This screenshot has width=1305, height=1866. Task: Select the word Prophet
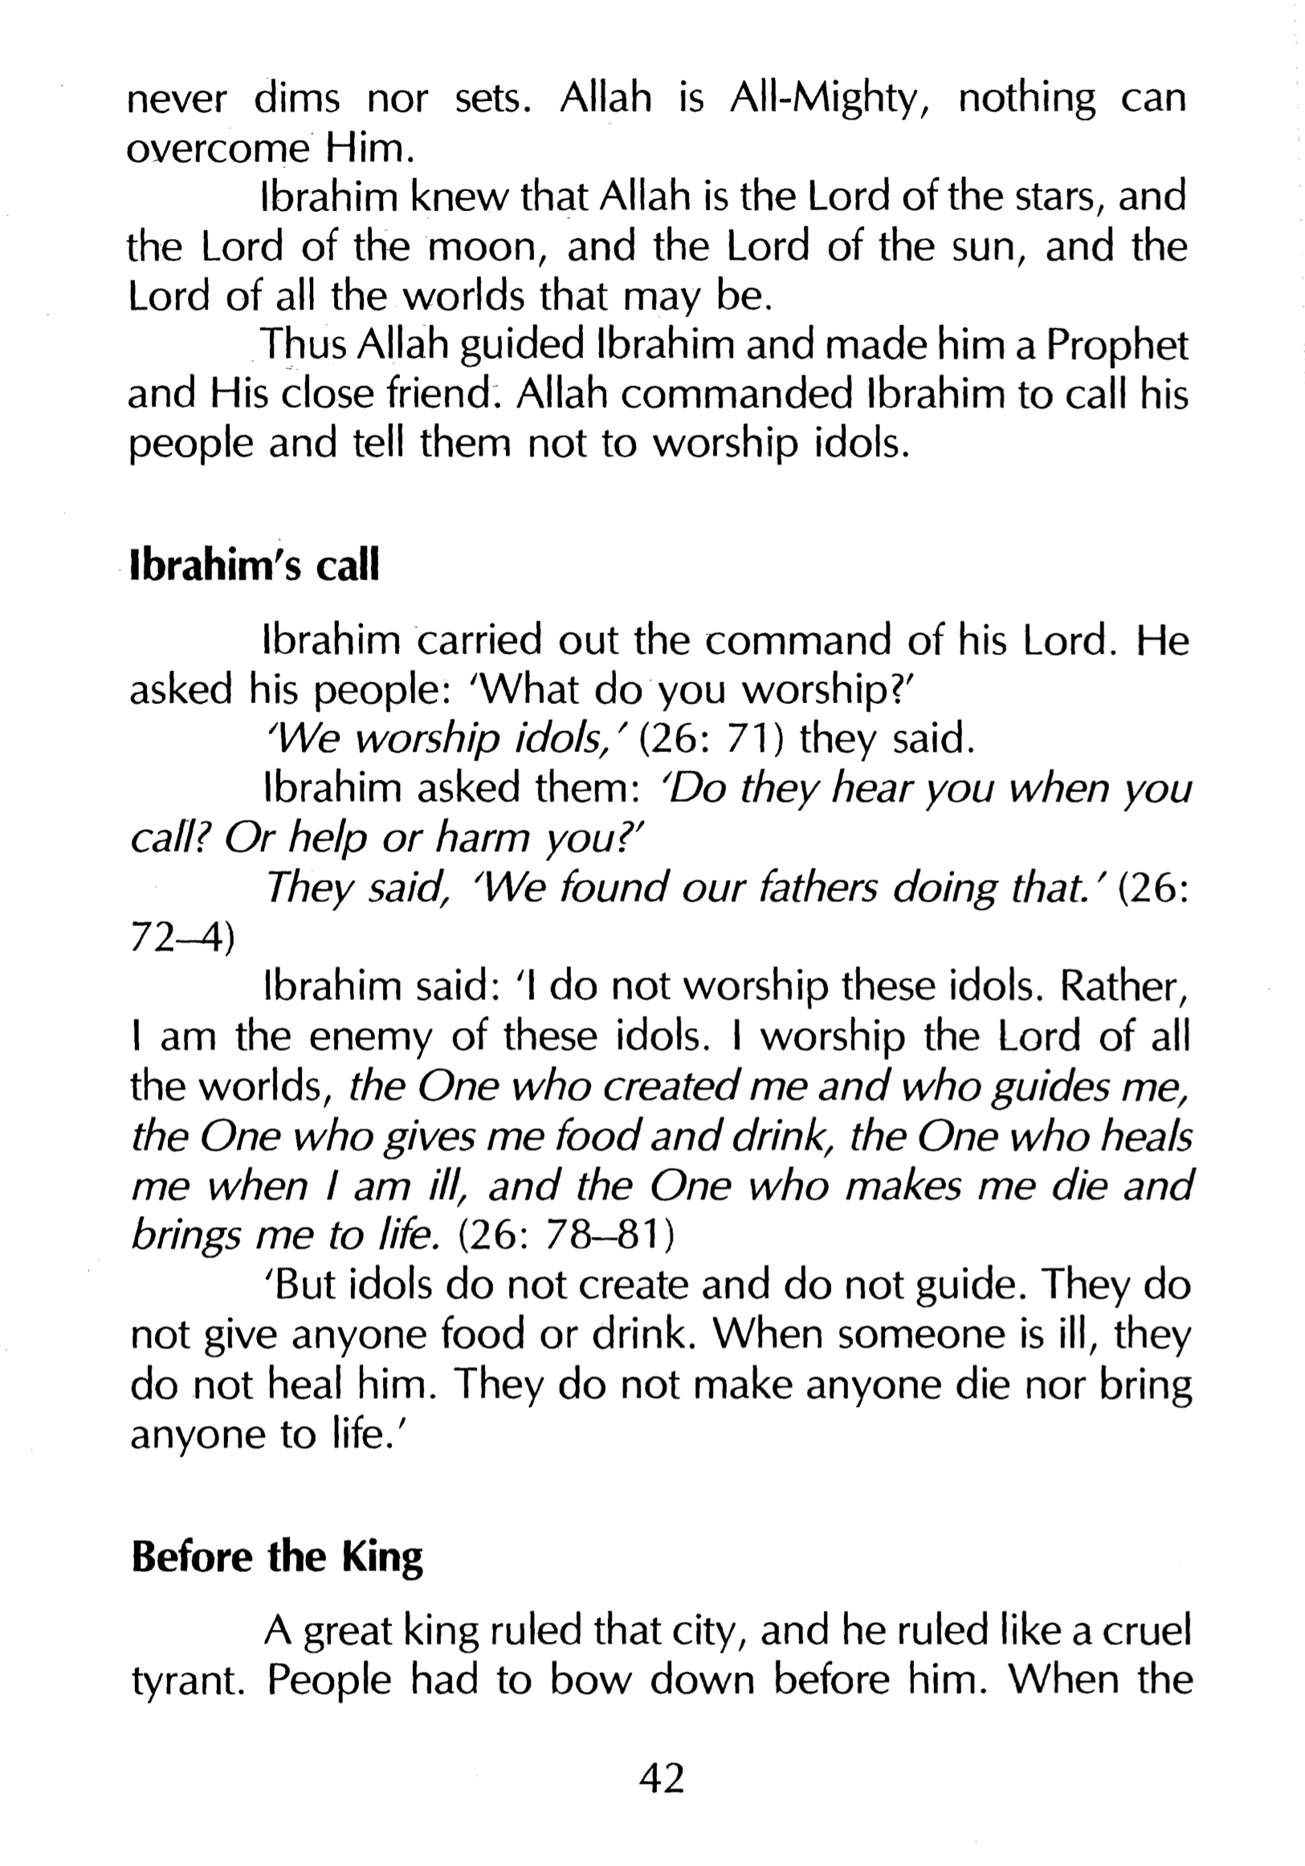(1116, 346)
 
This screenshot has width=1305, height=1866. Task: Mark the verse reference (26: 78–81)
(567, 1235)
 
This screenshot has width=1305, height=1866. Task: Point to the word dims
(296, 100)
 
